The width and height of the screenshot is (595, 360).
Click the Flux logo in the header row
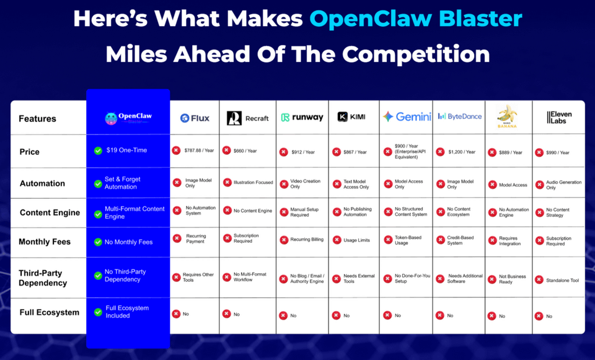194,118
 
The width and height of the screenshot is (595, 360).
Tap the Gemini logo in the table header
405,116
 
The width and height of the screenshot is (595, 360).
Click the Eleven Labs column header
559,118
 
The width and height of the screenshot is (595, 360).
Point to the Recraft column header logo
247,118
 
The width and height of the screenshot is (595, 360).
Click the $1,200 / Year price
462,152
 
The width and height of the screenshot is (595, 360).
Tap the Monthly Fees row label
45,242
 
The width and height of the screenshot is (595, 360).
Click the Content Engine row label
50,213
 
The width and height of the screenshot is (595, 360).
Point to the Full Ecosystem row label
50,312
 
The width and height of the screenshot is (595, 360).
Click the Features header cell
37,118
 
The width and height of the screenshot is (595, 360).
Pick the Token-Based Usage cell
410,240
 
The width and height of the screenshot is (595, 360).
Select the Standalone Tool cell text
562,280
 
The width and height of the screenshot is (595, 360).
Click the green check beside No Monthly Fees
98,242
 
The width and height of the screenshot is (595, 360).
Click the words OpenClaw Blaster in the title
415,19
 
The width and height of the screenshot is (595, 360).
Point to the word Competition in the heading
416,54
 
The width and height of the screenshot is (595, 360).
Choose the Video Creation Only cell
305,184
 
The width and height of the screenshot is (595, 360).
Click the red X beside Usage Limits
335,240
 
